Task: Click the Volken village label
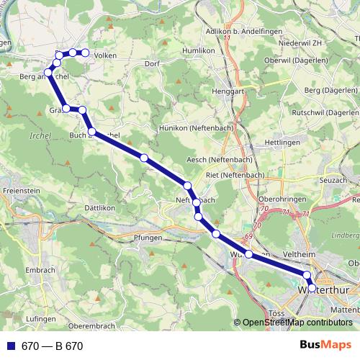click(105, 55)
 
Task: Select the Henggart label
click(229, 91)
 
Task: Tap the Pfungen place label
click(148, 236)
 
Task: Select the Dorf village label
click(151, 63)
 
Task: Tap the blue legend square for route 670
click(10, 346)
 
